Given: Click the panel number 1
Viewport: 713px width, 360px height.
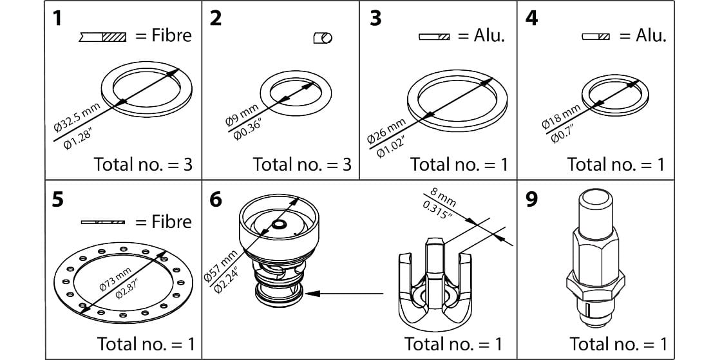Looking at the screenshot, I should pyautogui.click(x=57, y=17).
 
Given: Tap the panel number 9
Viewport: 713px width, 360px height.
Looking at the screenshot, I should pyautogui.click(x=531, y=200).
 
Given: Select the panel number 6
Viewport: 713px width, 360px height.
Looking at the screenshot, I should pyautogui.click(x=216, y=200).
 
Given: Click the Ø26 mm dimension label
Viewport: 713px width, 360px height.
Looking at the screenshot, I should pyautogui.click(x=386, y=130).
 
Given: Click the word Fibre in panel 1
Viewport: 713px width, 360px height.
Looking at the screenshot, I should pyautogui.click(x=171, y=35).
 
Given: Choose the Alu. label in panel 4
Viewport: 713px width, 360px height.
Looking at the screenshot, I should pyautogui.click(x=651, y=36).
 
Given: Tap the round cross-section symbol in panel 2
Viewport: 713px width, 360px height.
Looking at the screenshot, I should pyautogui.click(x=322, y=39).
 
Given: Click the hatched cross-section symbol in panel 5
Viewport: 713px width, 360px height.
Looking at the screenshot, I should pyautogui.click(x=103, y=222).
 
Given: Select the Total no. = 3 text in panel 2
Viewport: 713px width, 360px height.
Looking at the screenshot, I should pyautogui.click(x=302, y=164).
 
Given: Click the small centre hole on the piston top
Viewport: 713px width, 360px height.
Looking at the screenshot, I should pyautogui.click(x=279, y=225).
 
